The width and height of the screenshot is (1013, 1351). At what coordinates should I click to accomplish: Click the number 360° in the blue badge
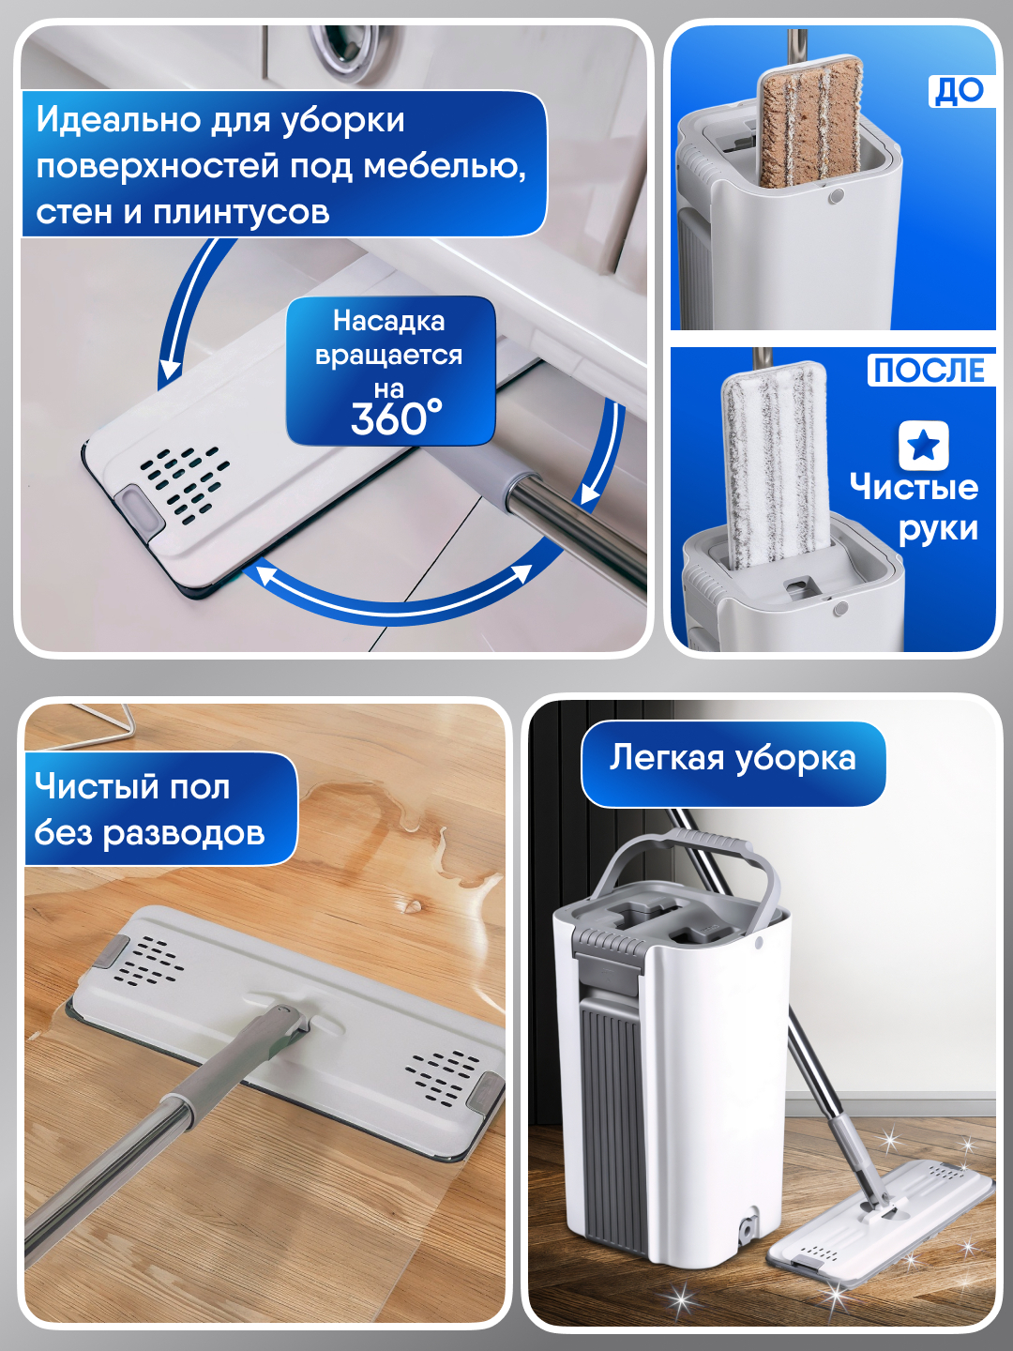[x=396, y=418]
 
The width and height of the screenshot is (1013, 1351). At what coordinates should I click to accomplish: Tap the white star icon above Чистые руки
[x=923, y=446]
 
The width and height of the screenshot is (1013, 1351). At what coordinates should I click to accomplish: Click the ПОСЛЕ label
[x=930, y=370]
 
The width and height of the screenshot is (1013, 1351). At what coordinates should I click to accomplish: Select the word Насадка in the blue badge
[x=388, y=321]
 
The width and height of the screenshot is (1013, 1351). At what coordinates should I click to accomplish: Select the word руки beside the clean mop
[x=938, y=529]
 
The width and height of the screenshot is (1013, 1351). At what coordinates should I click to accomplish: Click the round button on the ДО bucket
[x=836, y=196]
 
